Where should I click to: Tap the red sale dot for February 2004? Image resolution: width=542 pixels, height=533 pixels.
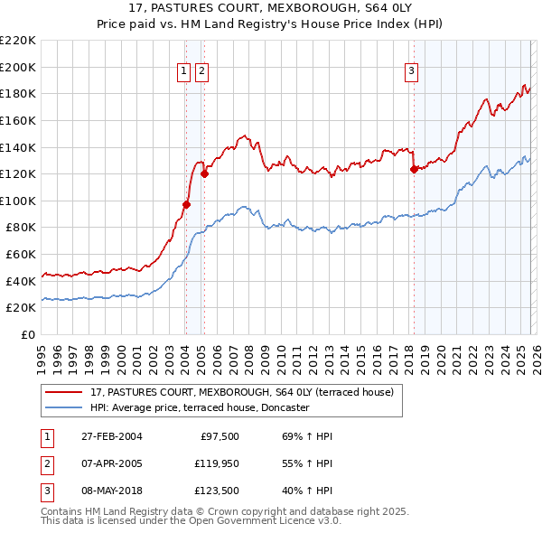pyautogui.click(x=186, y=204)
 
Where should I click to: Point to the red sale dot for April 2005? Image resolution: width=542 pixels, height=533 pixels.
pyautogui.click(x=204, y=174)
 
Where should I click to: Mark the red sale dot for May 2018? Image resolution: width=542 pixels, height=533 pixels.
pyautogui.click(x=414, y=169)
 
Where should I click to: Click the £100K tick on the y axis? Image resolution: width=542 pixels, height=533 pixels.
pyautogui.click(x=18, y=201)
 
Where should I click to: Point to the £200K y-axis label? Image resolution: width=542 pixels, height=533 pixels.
pyautogui.click(x=18, y=67)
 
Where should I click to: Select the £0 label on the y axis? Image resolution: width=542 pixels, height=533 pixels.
pyautogui.click(x=27, y=334)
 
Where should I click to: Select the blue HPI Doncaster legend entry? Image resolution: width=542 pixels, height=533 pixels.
pyautogui.click(x=200, y=408)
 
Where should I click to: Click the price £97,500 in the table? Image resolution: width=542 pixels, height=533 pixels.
pyautogui.click(x=220, y=436)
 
